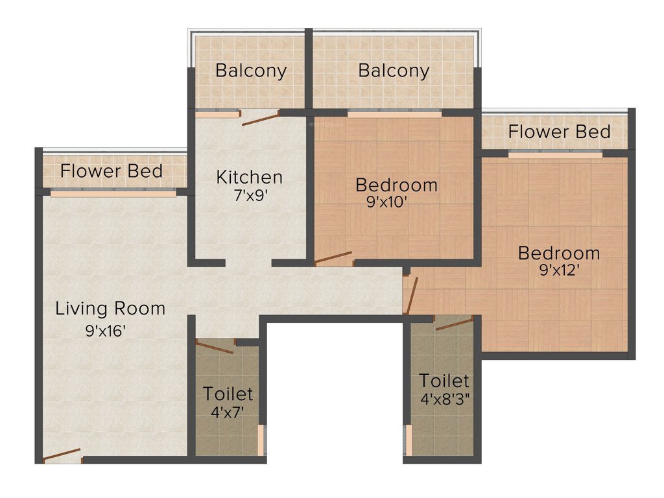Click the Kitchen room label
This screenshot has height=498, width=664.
tap(249, 176)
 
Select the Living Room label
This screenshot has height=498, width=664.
tap(110, 308)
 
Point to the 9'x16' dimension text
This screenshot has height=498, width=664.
tap(104, 331)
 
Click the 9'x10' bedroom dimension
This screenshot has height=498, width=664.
tap(387, 202)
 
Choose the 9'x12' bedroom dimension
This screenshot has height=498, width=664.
tap(558, 270)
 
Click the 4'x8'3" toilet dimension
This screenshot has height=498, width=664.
tap(445, 399)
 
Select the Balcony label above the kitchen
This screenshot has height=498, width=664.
tap(251, 70)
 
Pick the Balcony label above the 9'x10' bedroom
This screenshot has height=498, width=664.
tap(394, 70)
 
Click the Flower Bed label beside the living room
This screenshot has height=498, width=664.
tap(111, 171)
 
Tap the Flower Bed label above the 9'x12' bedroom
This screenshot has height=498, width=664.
tap(559, 132)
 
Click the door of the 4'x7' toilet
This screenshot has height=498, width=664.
tap(214, 346)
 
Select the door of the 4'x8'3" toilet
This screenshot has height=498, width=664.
tap(454, 323)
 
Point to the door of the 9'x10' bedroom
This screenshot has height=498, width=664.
tap(334, 258)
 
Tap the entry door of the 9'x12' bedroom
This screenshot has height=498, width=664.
tap(411, 294)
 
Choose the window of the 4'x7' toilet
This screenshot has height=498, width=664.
tap(261, 442)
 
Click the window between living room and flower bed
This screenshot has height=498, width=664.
tap(113, 193)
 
